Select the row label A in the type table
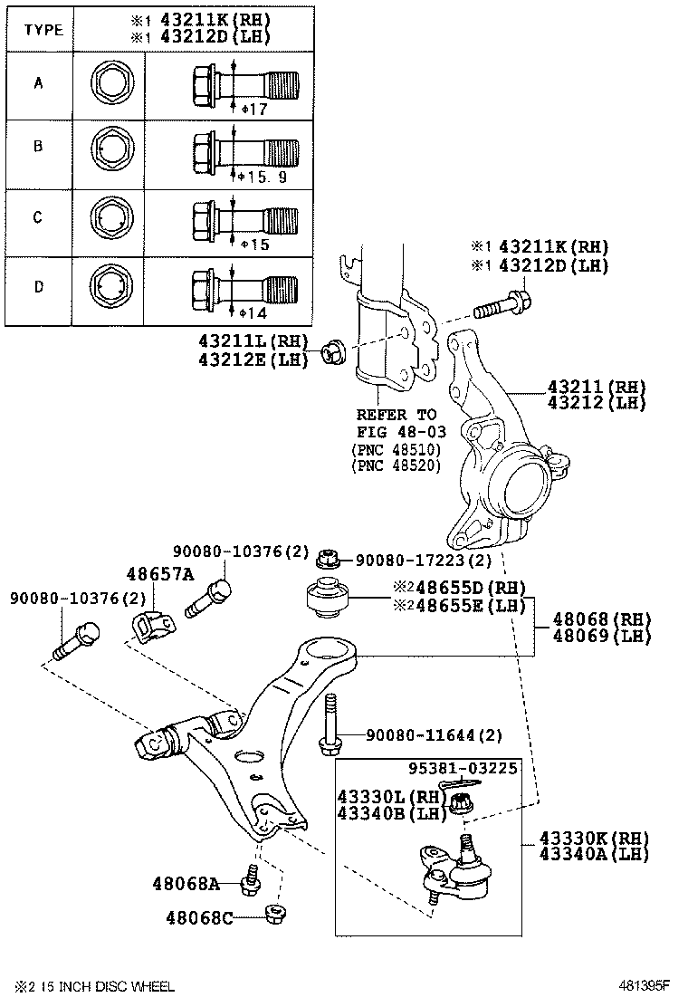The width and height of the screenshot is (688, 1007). coord(38,84)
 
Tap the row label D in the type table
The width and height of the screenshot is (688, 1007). coord(38,287)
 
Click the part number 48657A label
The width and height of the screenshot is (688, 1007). coord(160,574)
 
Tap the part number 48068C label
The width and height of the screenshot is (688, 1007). coord(199,918)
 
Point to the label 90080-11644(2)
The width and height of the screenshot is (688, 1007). coord(434,734)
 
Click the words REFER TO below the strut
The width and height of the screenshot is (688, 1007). coord(397,415)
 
